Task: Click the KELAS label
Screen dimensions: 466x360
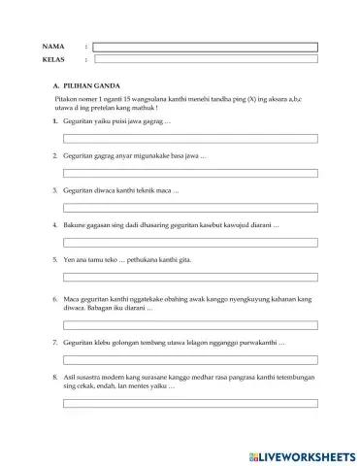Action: pyautogui.click(x=54, y=59)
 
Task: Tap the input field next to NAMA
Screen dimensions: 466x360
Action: pyautogui.click(x=204, y=46)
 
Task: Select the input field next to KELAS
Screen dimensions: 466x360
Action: pyautogui.click(x=204, y=59)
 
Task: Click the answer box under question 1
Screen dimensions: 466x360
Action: pyautogui.click(x=190, y=139)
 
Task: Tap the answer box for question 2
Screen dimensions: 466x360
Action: pyautogui.click(x=190, y=173)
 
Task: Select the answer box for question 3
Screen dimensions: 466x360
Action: pyautogui.click(x=190, y=207)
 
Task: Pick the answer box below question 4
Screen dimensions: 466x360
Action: pyautogui.click(x=190, y=241)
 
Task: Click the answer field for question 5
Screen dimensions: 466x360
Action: pyautogui.click(x=190, y=276)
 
